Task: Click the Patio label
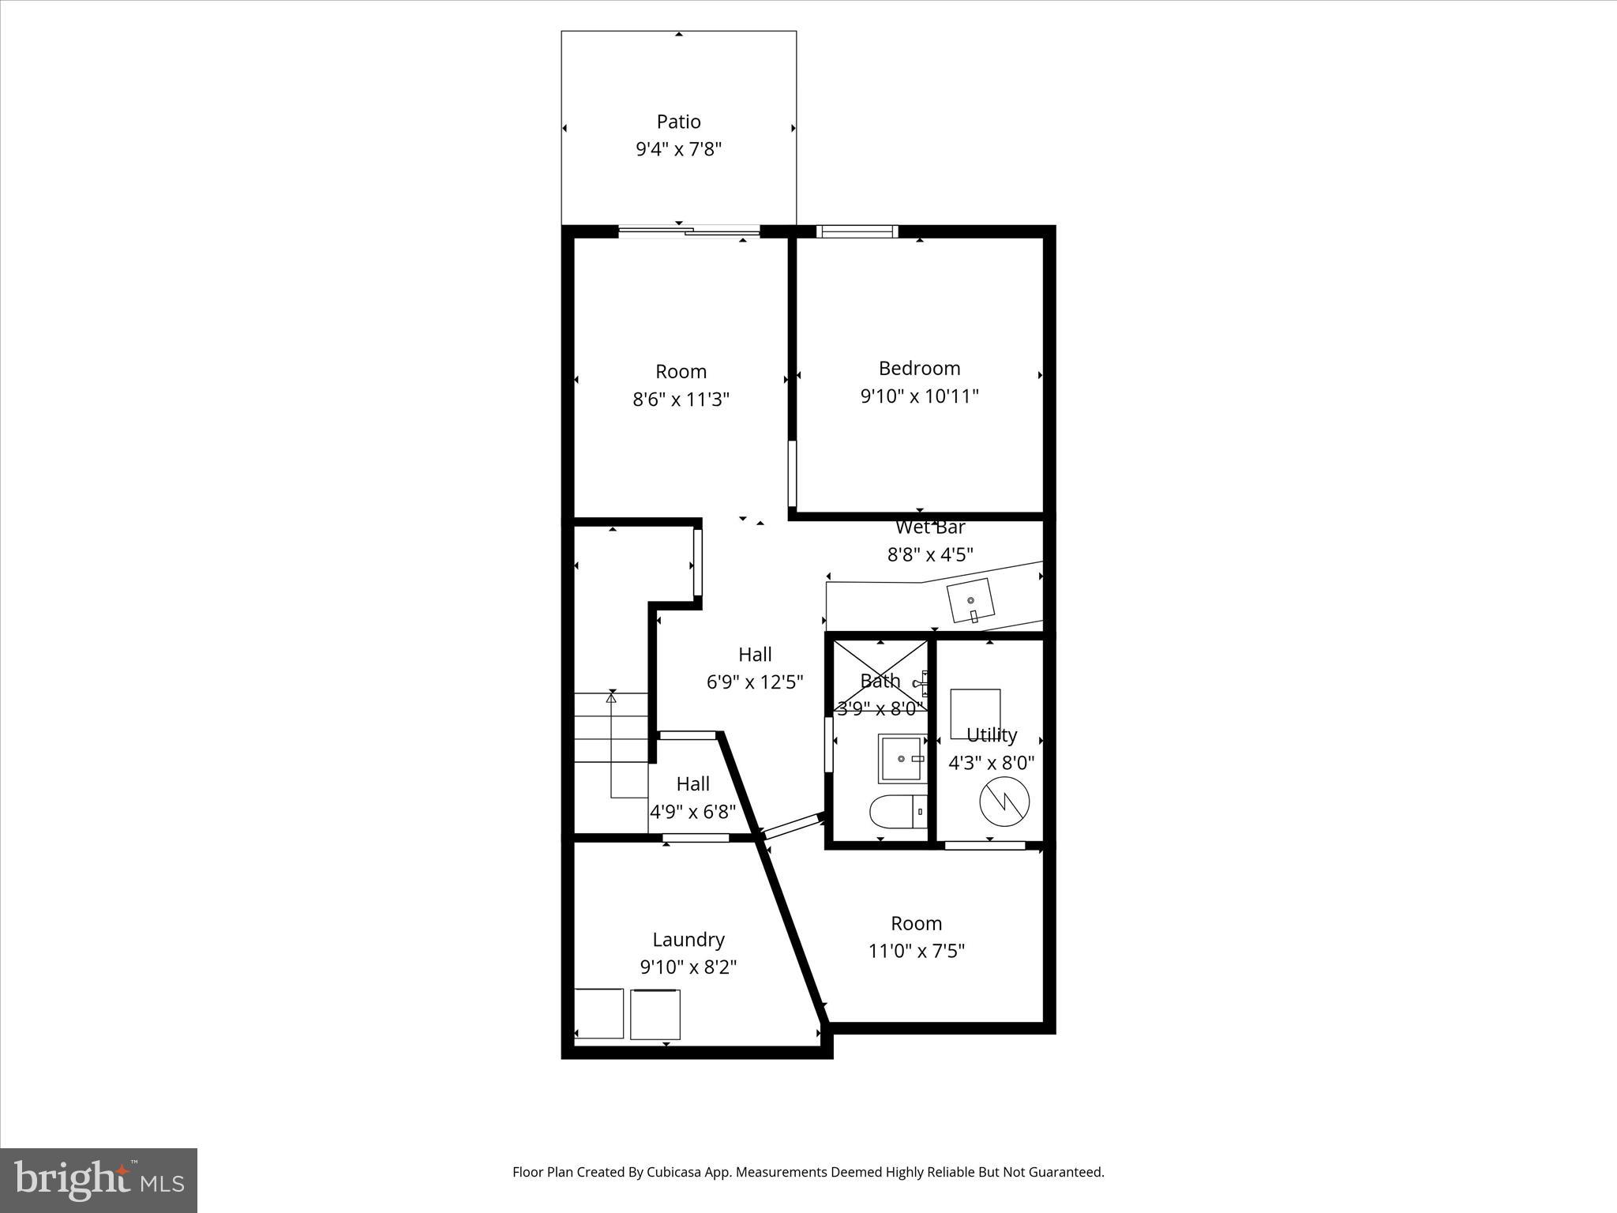(678, 122)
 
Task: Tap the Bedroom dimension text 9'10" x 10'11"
(919, 396)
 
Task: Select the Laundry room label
(688, 939)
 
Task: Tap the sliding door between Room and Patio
(688, 231)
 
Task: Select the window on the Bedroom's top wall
(857, 231)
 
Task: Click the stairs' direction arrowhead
(611, 698)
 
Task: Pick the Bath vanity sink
(901, 759)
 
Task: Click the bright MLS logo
(99, 1180)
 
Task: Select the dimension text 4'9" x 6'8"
(692, 811)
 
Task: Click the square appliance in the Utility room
(975, 714)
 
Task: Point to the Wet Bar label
(930, 527)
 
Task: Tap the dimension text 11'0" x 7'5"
(916, 951)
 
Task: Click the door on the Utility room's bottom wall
(985, 845)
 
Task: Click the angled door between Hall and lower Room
(793, 825)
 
